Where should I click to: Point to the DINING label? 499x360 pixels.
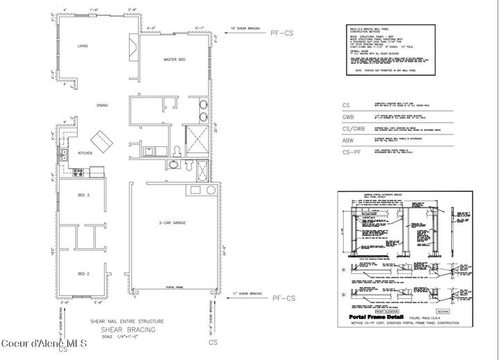pos(102,105)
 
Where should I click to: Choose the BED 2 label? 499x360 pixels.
pos(83,273)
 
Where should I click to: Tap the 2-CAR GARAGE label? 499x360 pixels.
pos(177,222)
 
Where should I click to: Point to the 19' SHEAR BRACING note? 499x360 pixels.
pos(244,28)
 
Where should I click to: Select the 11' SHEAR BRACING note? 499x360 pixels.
pos(244,294)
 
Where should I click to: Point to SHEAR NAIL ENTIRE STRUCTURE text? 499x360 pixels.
pos(127,321)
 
